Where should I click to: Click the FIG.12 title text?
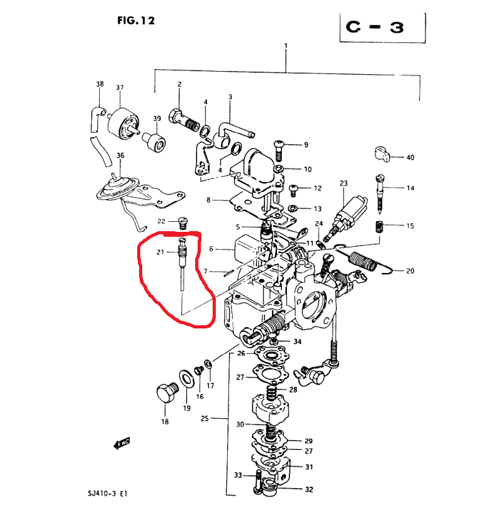(135, 21)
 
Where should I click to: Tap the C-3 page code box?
(382, 28)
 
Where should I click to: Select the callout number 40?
(410, 158)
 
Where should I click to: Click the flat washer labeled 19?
(186, 378)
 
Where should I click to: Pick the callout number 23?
(343, 183)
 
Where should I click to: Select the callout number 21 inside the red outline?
(160, 252)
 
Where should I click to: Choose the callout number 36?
(120, 156)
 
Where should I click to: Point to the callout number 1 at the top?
(286, 45)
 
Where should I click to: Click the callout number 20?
(410, 271)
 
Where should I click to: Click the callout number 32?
(309, 490)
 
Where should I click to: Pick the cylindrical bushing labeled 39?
(154, 145)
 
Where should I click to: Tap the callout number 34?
(298, 342)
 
